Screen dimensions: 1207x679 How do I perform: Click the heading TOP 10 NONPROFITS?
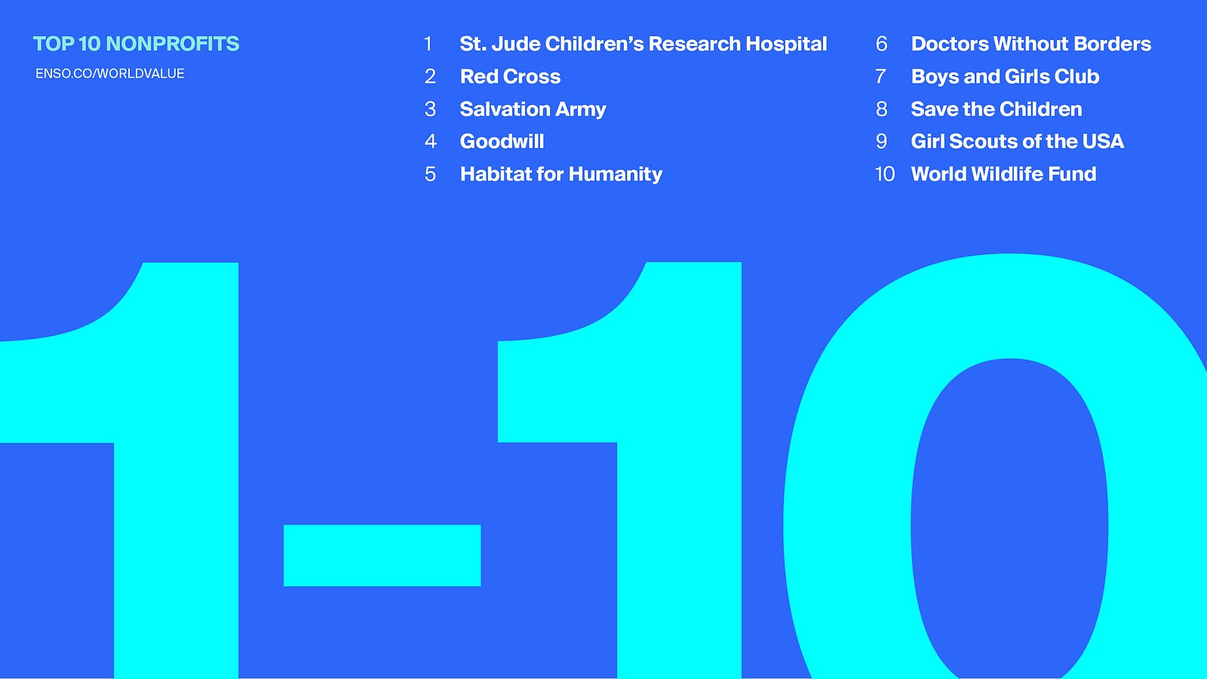click(x=136, y=44)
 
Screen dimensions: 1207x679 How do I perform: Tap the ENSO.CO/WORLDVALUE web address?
click(x=110, y=74)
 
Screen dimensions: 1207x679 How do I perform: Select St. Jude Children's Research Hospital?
click(x=643, y=45)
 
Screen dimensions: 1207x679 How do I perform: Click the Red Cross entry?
click(x=510, y=76)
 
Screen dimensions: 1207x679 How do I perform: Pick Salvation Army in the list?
click(x=533, y=109)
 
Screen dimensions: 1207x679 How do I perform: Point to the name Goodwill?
click(x=502, y=141)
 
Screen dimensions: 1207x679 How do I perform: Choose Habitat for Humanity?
click(x=561, y=174)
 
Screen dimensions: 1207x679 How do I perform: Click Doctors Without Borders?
click(x=1030, y=44)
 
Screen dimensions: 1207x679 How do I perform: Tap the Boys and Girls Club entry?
click(x=1005, y=76)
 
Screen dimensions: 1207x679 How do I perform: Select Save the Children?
click(x=997, y=109)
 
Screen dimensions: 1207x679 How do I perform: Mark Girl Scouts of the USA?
click(x=1018, y=141)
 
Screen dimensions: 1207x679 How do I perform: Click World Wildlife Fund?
click(x=1003, y=174)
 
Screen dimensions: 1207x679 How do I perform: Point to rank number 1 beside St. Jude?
click(x=428, y=44)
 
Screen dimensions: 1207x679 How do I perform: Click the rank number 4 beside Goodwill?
click(x=430, y=141)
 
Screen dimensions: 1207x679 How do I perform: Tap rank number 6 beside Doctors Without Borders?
click(x=882, y=44)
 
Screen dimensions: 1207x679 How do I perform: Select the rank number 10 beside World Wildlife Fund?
click(x=885, y=174)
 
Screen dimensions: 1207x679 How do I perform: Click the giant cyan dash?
click(x=382, y=555)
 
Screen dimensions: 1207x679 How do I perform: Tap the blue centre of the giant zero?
click(x=1009, y=518)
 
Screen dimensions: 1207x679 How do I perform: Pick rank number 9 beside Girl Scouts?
click(x=882, y=141)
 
